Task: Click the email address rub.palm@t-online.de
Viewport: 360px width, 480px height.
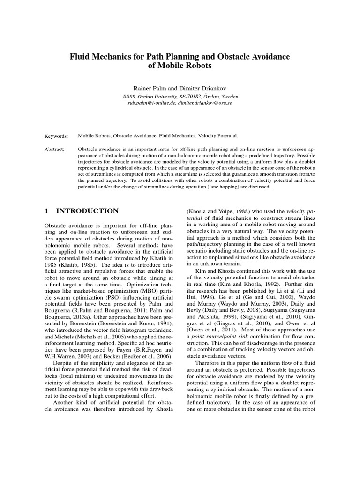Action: [152, 102]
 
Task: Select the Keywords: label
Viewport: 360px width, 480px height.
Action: [56, 136]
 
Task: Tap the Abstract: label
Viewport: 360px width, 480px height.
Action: [55, 148]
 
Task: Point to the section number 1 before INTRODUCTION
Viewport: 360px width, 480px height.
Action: [46, 211]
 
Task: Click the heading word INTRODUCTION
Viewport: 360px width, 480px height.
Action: [88, 211]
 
